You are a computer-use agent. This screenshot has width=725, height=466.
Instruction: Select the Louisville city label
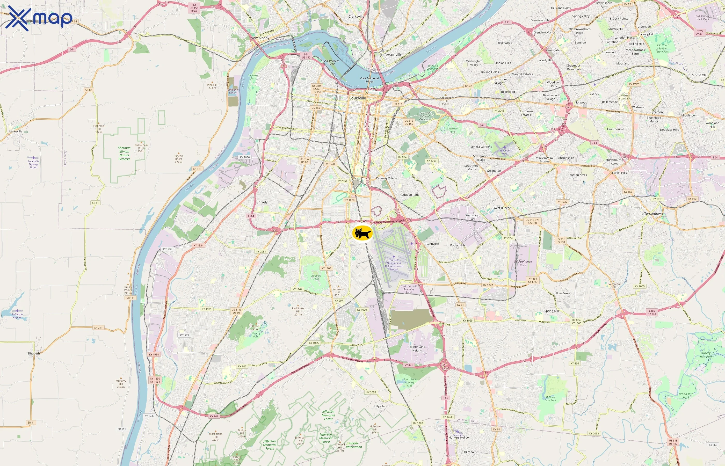[x=357, y=98]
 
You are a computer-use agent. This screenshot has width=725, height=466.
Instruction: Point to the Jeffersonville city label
[x=391, y=55]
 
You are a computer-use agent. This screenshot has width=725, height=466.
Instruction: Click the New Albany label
[x=260, y=38]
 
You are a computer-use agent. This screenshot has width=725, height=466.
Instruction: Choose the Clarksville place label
[x=356, y=17]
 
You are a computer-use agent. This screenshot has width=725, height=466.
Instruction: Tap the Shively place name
[x=262, y=202]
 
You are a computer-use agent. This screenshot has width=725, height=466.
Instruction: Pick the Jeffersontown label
[x=651, y=214]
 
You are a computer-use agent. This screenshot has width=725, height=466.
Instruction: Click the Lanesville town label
[x=16, y=131]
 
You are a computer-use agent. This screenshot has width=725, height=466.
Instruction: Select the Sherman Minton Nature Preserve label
[x=124, y=154]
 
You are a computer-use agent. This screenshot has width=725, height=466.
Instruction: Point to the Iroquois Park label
[x=316, y=277]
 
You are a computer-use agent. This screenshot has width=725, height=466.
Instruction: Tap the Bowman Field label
[x=504, y=152]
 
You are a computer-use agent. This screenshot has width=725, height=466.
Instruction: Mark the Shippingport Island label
[x=331, y=62]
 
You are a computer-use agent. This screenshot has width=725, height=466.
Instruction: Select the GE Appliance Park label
[x=523, y=263]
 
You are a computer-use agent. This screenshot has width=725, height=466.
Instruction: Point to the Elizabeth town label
[x=34, y=353]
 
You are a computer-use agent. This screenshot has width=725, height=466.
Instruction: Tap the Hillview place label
[x=469, y=452]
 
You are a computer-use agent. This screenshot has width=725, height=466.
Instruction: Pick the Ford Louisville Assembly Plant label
[x=409, y=289]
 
